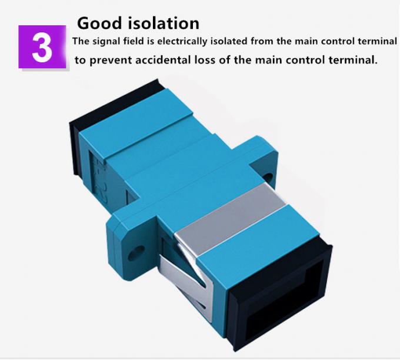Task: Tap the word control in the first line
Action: tap(334, 42)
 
